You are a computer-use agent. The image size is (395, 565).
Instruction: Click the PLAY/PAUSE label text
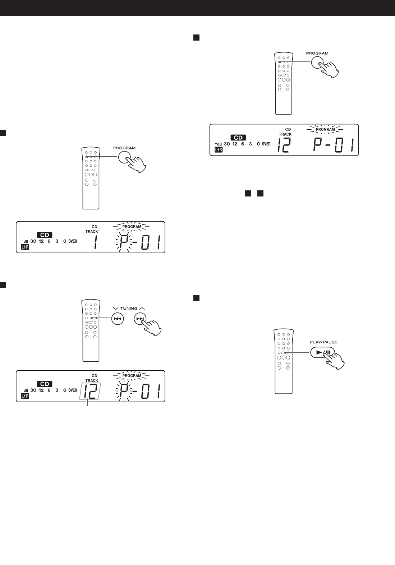[x=323, y=342]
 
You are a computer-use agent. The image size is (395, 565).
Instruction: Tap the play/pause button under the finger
[x=322, y=352]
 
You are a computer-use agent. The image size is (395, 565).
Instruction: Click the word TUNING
[x=129, y=308]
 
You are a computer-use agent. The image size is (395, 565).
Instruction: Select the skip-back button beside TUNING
[x=118, y=319]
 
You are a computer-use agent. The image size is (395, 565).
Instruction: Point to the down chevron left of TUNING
[x=116, y=308]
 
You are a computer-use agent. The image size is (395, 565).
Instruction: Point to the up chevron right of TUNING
[x=142, y=308]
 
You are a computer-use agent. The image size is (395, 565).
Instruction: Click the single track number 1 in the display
[x=96, y=242]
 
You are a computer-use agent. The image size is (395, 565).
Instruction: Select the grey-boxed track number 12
[x=90, y=391]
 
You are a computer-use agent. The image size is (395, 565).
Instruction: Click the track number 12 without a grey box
[x=284, y=145]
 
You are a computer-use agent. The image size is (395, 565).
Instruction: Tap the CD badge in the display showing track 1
[x=45, y=235]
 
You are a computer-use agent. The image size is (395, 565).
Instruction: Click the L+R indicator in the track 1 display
[x=25, y=247]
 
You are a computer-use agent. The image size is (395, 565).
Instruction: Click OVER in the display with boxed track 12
[x=73, y=390]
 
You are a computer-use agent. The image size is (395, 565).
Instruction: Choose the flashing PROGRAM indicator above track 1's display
[x=132, y=227]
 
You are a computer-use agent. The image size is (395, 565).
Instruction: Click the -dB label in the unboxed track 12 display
[x=218, y=144]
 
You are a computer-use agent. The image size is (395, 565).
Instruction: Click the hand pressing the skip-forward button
[x=151, y=328]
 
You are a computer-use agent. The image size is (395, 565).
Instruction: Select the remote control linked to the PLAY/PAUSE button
[x=284, y=361]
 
